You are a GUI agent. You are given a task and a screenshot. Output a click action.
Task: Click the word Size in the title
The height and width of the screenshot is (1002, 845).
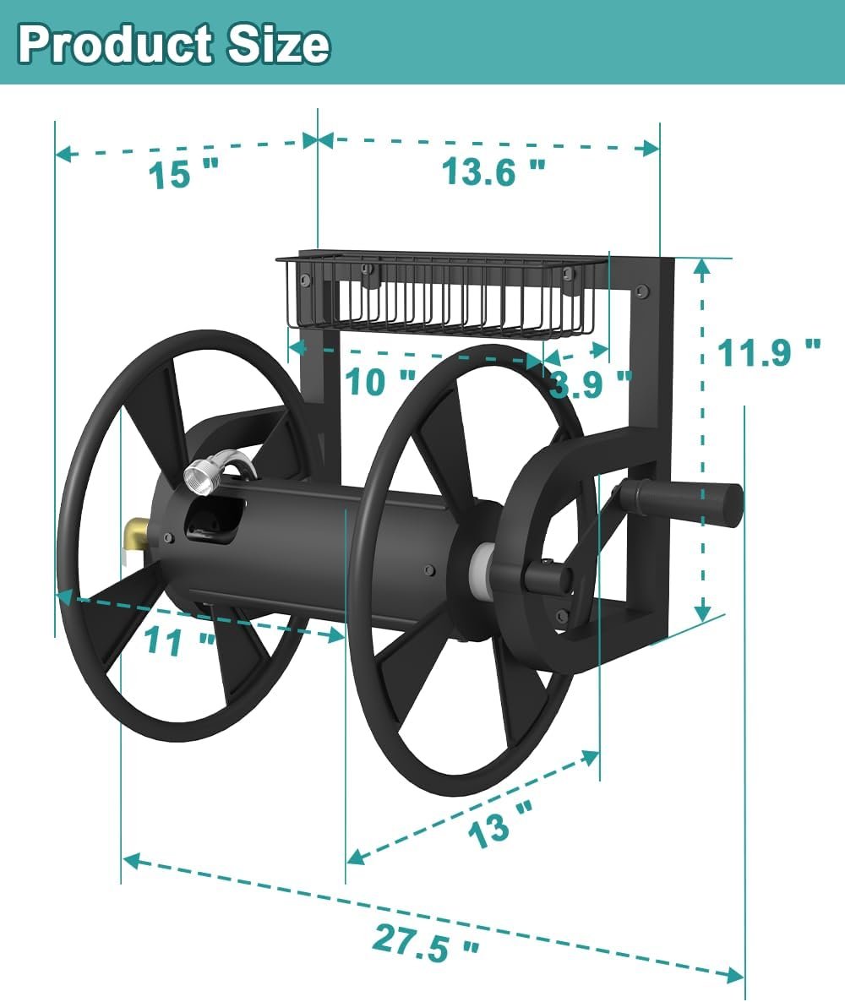(x=271, y=44)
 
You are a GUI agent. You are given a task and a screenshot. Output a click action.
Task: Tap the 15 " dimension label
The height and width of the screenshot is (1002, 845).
(x=183, y=175)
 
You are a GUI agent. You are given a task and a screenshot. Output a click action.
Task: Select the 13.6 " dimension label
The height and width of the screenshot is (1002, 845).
(x=493, y=172)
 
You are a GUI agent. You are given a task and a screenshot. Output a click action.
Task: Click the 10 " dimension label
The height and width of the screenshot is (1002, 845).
(x=381, y=382)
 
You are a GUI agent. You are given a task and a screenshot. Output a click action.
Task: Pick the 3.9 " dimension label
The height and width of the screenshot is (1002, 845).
(x=590, y=384)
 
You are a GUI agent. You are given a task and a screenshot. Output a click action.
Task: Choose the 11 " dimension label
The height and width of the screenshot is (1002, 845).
(x=180, y=640)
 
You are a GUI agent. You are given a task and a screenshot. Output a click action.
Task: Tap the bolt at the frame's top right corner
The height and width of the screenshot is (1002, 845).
(x=642, y=291)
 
